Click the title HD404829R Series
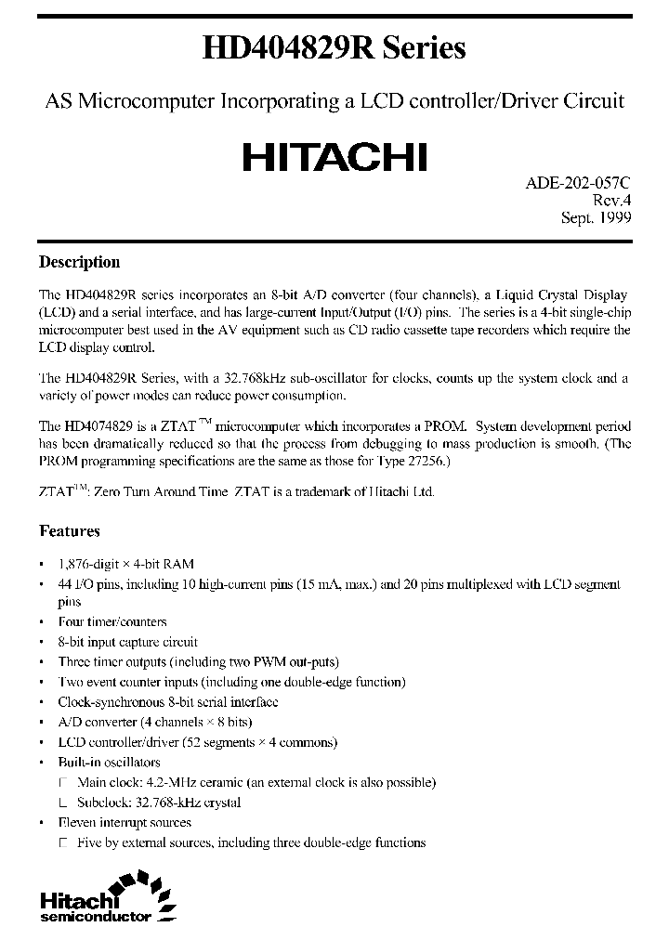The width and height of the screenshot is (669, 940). pos(334,47)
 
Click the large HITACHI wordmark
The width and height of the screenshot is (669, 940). pos(334,157)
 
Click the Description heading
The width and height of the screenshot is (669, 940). pos(79,262)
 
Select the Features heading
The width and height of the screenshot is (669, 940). pos(69,531)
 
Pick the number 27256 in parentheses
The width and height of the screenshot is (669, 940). pos(423,462)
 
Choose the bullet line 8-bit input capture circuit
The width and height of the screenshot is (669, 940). pos(127,642)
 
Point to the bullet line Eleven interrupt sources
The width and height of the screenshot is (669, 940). pos(125,822)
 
